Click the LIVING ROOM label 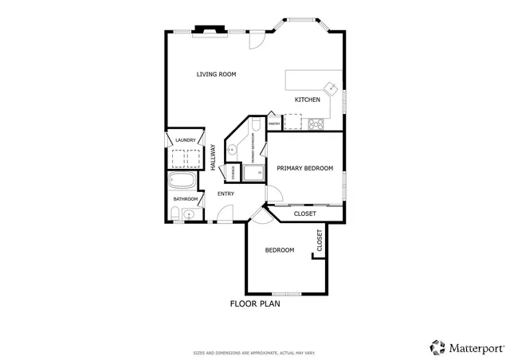tap(217, 74)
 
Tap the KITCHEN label tap(308, 100)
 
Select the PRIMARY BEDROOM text tap(304, 168)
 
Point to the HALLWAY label tap(213, 155)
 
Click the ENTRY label tap(226, 194)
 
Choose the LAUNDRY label tap(186, 140)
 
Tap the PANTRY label tap(273, 123)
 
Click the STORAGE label tap(233, 171)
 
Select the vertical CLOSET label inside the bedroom tap(320, 241)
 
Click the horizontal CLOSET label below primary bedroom tap(304, 213)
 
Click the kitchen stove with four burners tap(316, 123)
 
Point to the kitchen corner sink tap(329, 88)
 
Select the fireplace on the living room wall tap(211, 31)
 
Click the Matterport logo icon tap(437, 347)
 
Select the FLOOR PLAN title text tap(254, 303)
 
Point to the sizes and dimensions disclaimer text tap(254, 352)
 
